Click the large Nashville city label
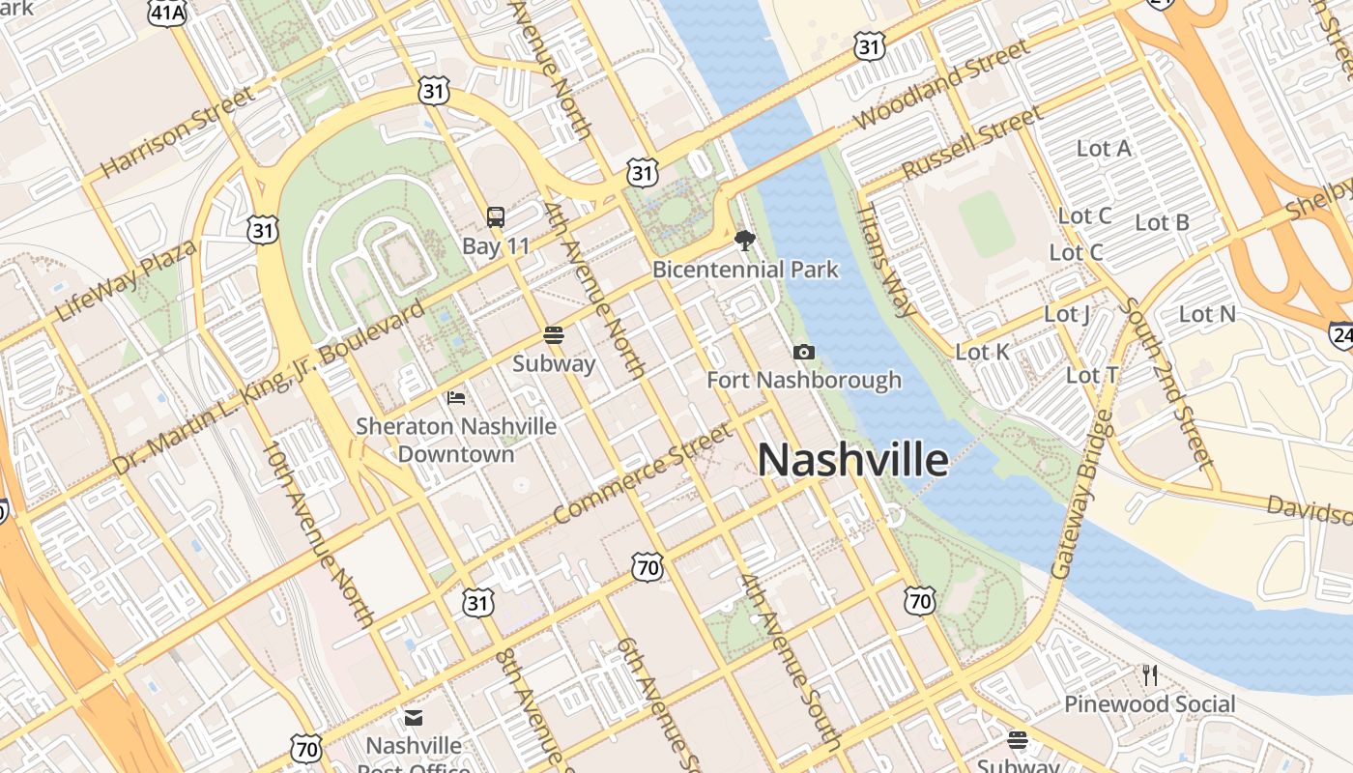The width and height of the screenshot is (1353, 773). point(852,460)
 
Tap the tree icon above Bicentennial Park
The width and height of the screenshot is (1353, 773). point(744,241)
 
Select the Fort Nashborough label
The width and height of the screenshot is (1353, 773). point(804,380)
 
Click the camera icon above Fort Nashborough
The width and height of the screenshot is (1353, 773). point(803,353)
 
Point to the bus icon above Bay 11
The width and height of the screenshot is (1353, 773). point(496,217)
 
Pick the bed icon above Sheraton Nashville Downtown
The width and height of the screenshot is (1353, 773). point(456,397)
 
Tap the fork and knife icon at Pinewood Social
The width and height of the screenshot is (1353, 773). point(1149,675)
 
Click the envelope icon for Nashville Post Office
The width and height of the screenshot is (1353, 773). point(414,718)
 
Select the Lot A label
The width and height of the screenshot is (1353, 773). point(1104,149)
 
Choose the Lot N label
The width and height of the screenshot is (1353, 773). point(1207,314)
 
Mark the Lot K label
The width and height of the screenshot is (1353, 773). point(982,353)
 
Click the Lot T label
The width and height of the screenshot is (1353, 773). point(1092,375)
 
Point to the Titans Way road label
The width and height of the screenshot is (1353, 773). point(887,259)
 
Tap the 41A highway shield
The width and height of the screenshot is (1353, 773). point(167,12)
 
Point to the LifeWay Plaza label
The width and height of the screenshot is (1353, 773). point(126,280)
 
